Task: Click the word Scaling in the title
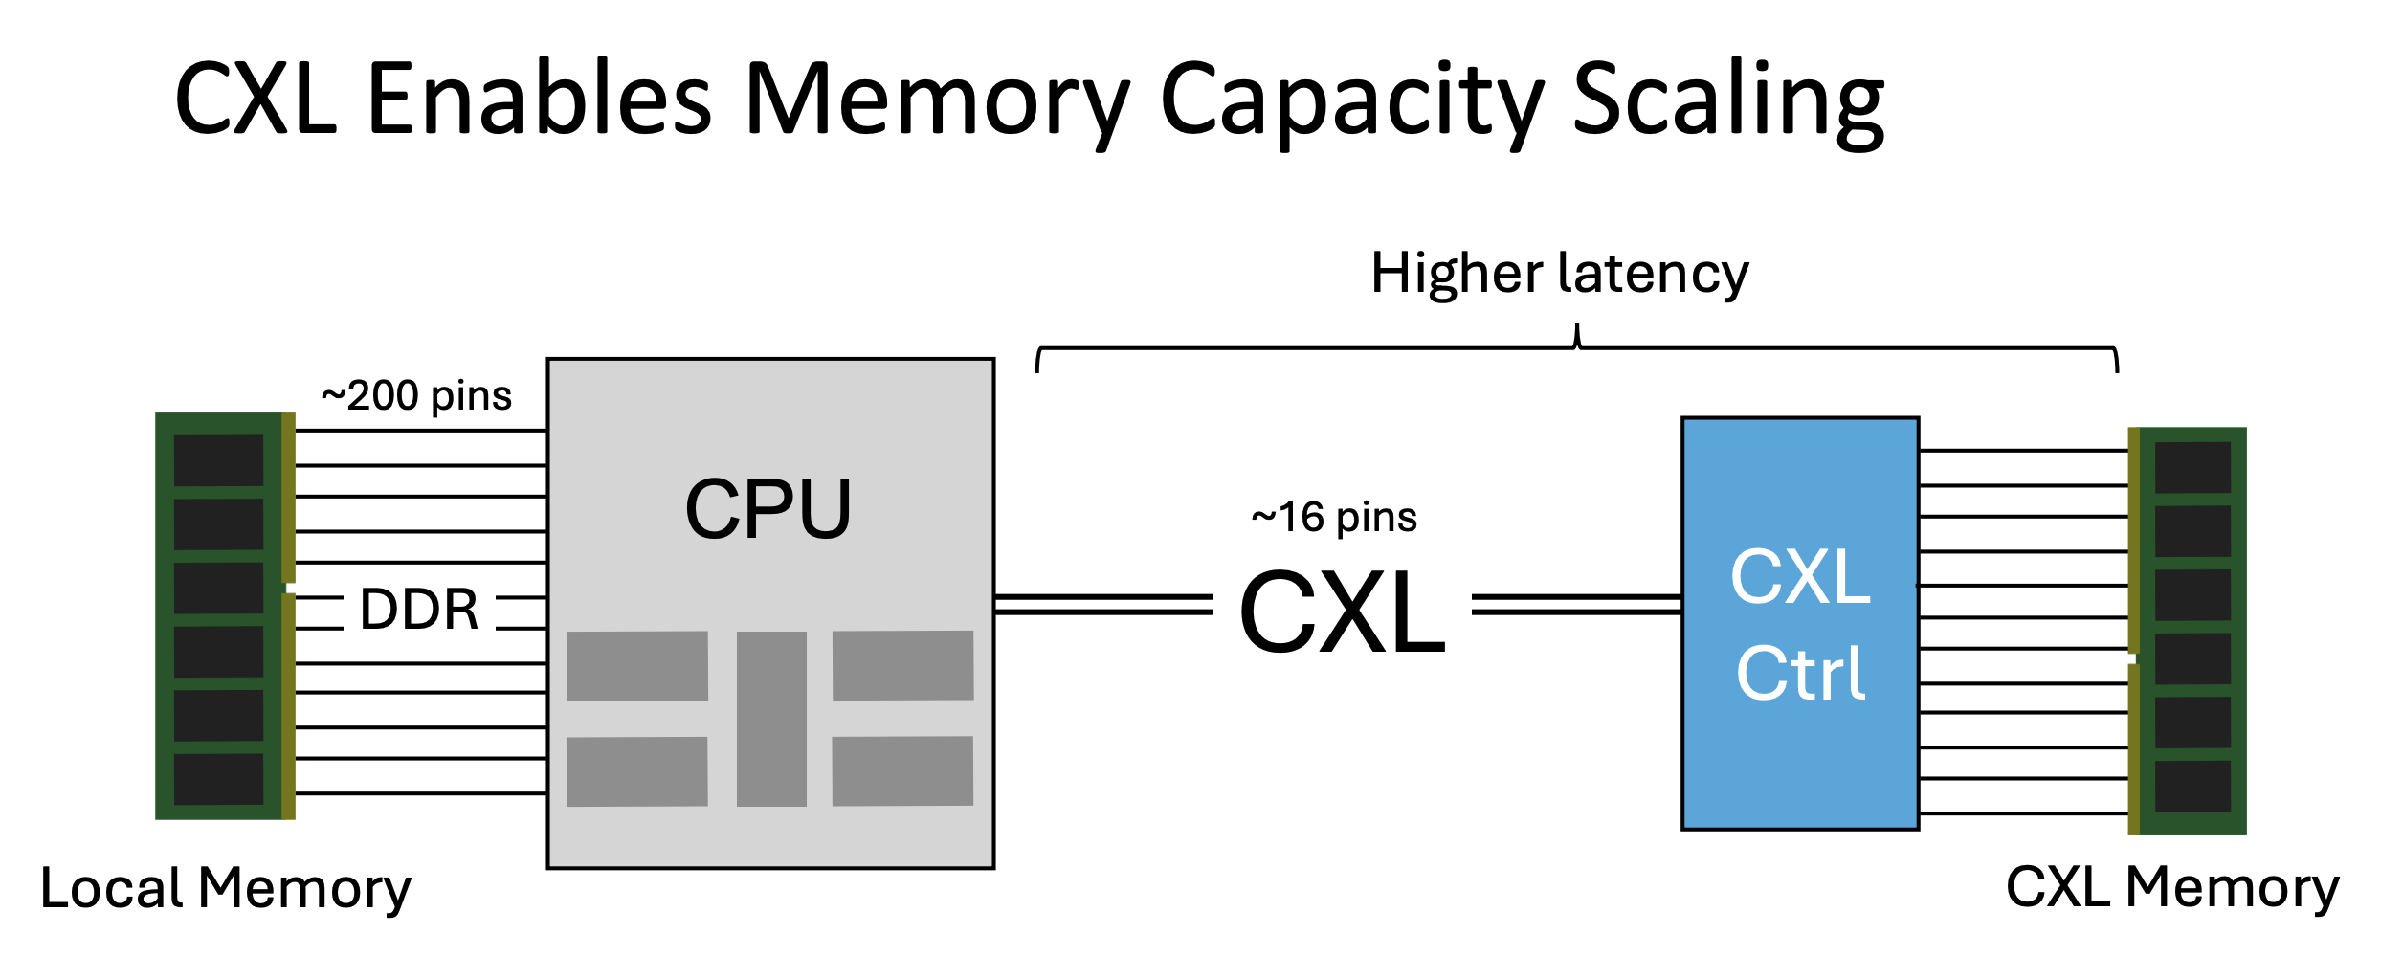click(x=1728, y=100)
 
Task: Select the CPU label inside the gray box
click(x=768, y=509)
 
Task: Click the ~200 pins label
click(x=416, y=395)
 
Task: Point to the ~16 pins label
click(x=1334, y=517)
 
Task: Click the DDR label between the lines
click(x=419, y=610)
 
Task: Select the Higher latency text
click(x=1560, y=274)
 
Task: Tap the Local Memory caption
click(x=226, y=888)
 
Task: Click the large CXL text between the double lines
click(x=1342, y=612)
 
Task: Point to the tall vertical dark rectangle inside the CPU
click(x=771, y=718)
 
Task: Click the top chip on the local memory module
click(x=218, y=460)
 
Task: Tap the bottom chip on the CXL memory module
click(x=2192, y=786)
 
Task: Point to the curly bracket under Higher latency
click(x=1577, y=350)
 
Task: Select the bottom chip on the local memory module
click(x=218, y=779)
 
